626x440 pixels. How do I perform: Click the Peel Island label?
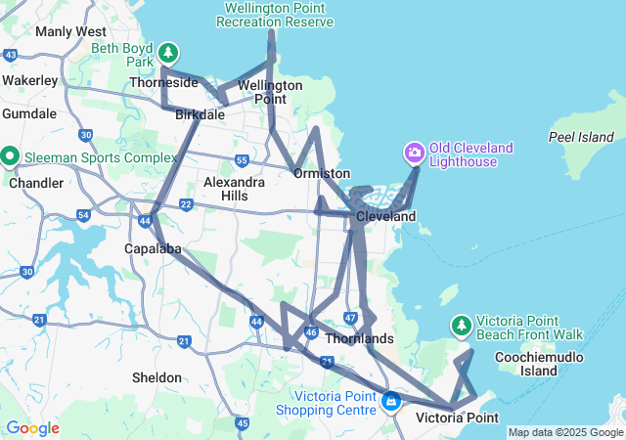pos(581,137)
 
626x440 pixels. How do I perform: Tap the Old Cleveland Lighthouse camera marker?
pos(414,153)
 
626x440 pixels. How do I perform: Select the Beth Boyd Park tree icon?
pos(169,52)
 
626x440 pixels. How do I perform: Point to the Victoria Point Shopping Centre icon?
pos(391,401)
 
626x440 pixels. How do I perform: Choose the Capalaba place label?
pos(153,248)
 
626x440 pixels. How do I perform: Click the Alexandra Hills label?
pos(233,189)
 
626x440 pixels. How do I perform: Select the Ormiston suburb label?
pos(322,173)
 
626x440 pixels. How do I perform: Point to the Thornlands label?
pos(358,338)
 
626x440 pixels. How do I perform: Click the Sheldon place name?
pos(156,377)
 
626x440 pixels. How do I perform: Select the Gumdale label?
pos(29,113)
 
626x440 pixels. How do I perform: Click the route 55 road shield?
pos(242,159)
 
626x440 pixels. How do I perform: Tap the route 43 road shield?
pos(11,55)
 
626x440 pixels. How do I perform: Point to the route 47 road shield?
pos(351,318)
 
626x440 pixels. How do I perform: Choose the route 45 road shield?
pos(242,423)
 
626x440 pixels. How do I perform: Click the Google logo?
pos(31,428)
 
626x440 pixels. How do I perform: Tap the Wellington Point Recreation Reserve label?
pos(275,15)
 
